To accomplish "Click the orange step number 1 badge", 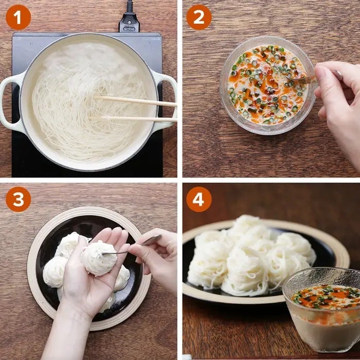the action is click(x=18, y=17).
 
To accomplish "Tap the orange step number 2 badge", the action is click(x=199, y=17).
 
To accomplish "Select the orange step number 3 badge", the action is click(x=18, y=199).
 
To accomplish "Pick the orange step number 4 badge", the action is click(x=199, y=199).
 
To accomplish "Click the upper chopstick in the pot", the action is click(x=135, y=101).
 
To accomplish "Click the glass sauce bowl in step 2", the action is click(x=267, y=85).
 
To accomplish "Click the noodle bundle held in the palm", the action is click(x=98, y=259).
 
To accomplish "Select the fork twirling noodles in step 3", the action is click(x=132, y=245).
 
